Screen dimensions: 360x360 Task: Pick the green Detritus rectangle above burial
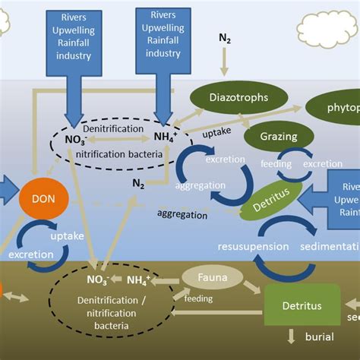[x=302, y=305]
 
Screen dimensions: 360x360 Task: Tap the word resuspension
[x=253, y=246]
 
